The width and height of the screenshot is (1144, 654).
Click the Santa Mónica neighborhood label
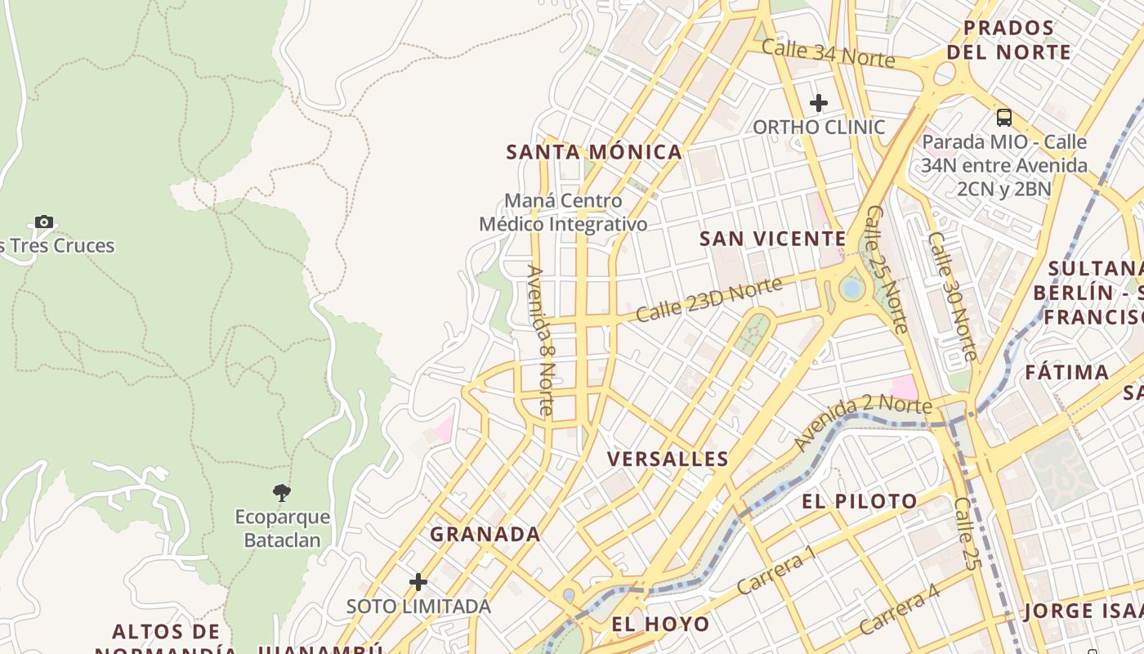click(x=594, y=152)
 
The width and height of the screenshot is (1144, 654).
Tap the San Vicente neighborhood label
click(x=772, y=239)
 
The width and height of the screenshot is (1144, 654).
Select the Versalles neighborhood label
click(x=668, y=459)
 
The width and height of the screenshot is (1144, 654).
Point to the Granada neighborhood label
click(x=485, y=535)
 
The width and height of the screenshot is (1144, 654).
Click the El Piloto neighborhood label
click(x=859, y=501)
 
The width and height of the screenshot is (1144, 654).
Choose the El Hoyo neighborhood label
click(x=660, y=625)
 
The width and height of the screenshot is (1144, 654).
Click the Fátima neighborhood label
click(x=1067, y=373)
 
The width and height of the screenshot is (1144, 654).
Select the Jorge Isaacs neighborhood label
click(x=1083, y=611)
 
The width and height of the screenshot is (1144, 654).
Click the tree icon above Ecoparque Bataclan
click(x=282, y=492)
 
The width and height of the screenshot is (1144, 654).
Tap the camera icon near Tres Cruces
click(x=44, y=222)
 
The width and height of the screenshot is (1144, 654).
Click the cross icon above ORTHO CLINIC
click(x=818, y=103)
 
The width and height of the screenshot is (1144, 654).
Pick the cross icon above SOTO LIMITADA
click(x=418, y=582)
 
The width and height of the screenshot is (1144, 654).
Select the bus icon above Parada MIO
click(x=1004, y=117)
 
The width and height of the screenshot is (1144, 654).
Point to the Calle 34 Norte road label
click(x=828, y=53)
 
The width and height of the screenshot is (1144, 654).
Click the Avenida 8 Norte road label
click(x=541, y=341)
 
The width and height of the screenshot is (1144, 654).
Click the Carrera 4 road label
click(x=899, y=610)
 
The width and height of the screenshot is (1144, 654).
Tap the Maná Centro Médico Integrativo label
click(x=563, y=213)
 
